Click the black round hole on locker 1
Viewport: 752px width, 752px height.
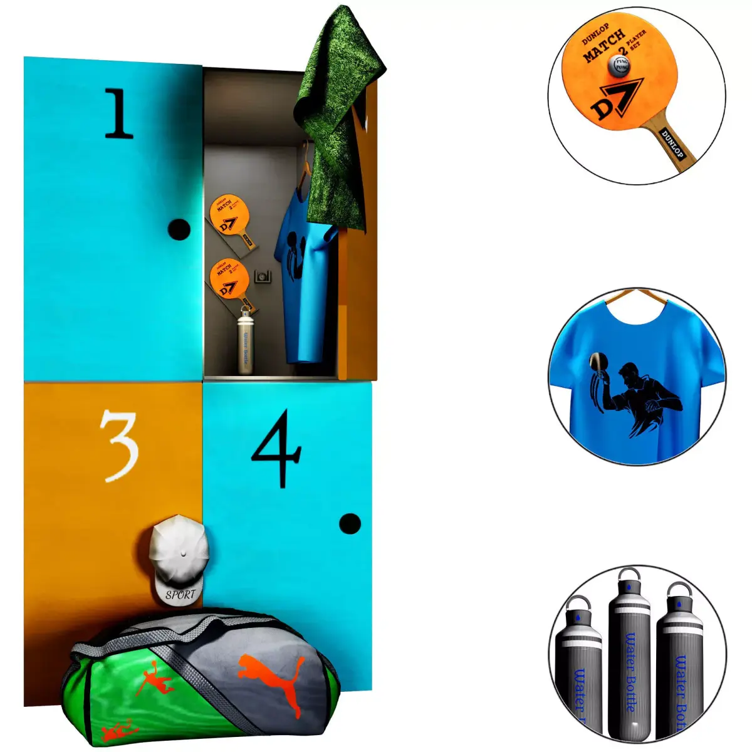pyautogui.click(x=179, y=229)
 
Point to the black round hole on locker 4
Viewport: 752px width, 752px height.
pyautogui.click(x=350, y=524)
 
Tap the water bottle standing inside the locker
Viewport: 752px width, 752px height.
pyautogui.click(x=246, y=342)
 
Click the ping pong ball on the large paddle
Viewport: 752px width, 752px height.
pyautogui.click(x=620, y=65)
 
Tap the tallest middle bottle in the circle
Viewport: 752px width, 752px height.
pyautogui.click(x=630, y=652)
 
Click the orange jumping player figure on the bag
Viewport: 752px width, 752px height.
pyautogui.click(x=154, y=683)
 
